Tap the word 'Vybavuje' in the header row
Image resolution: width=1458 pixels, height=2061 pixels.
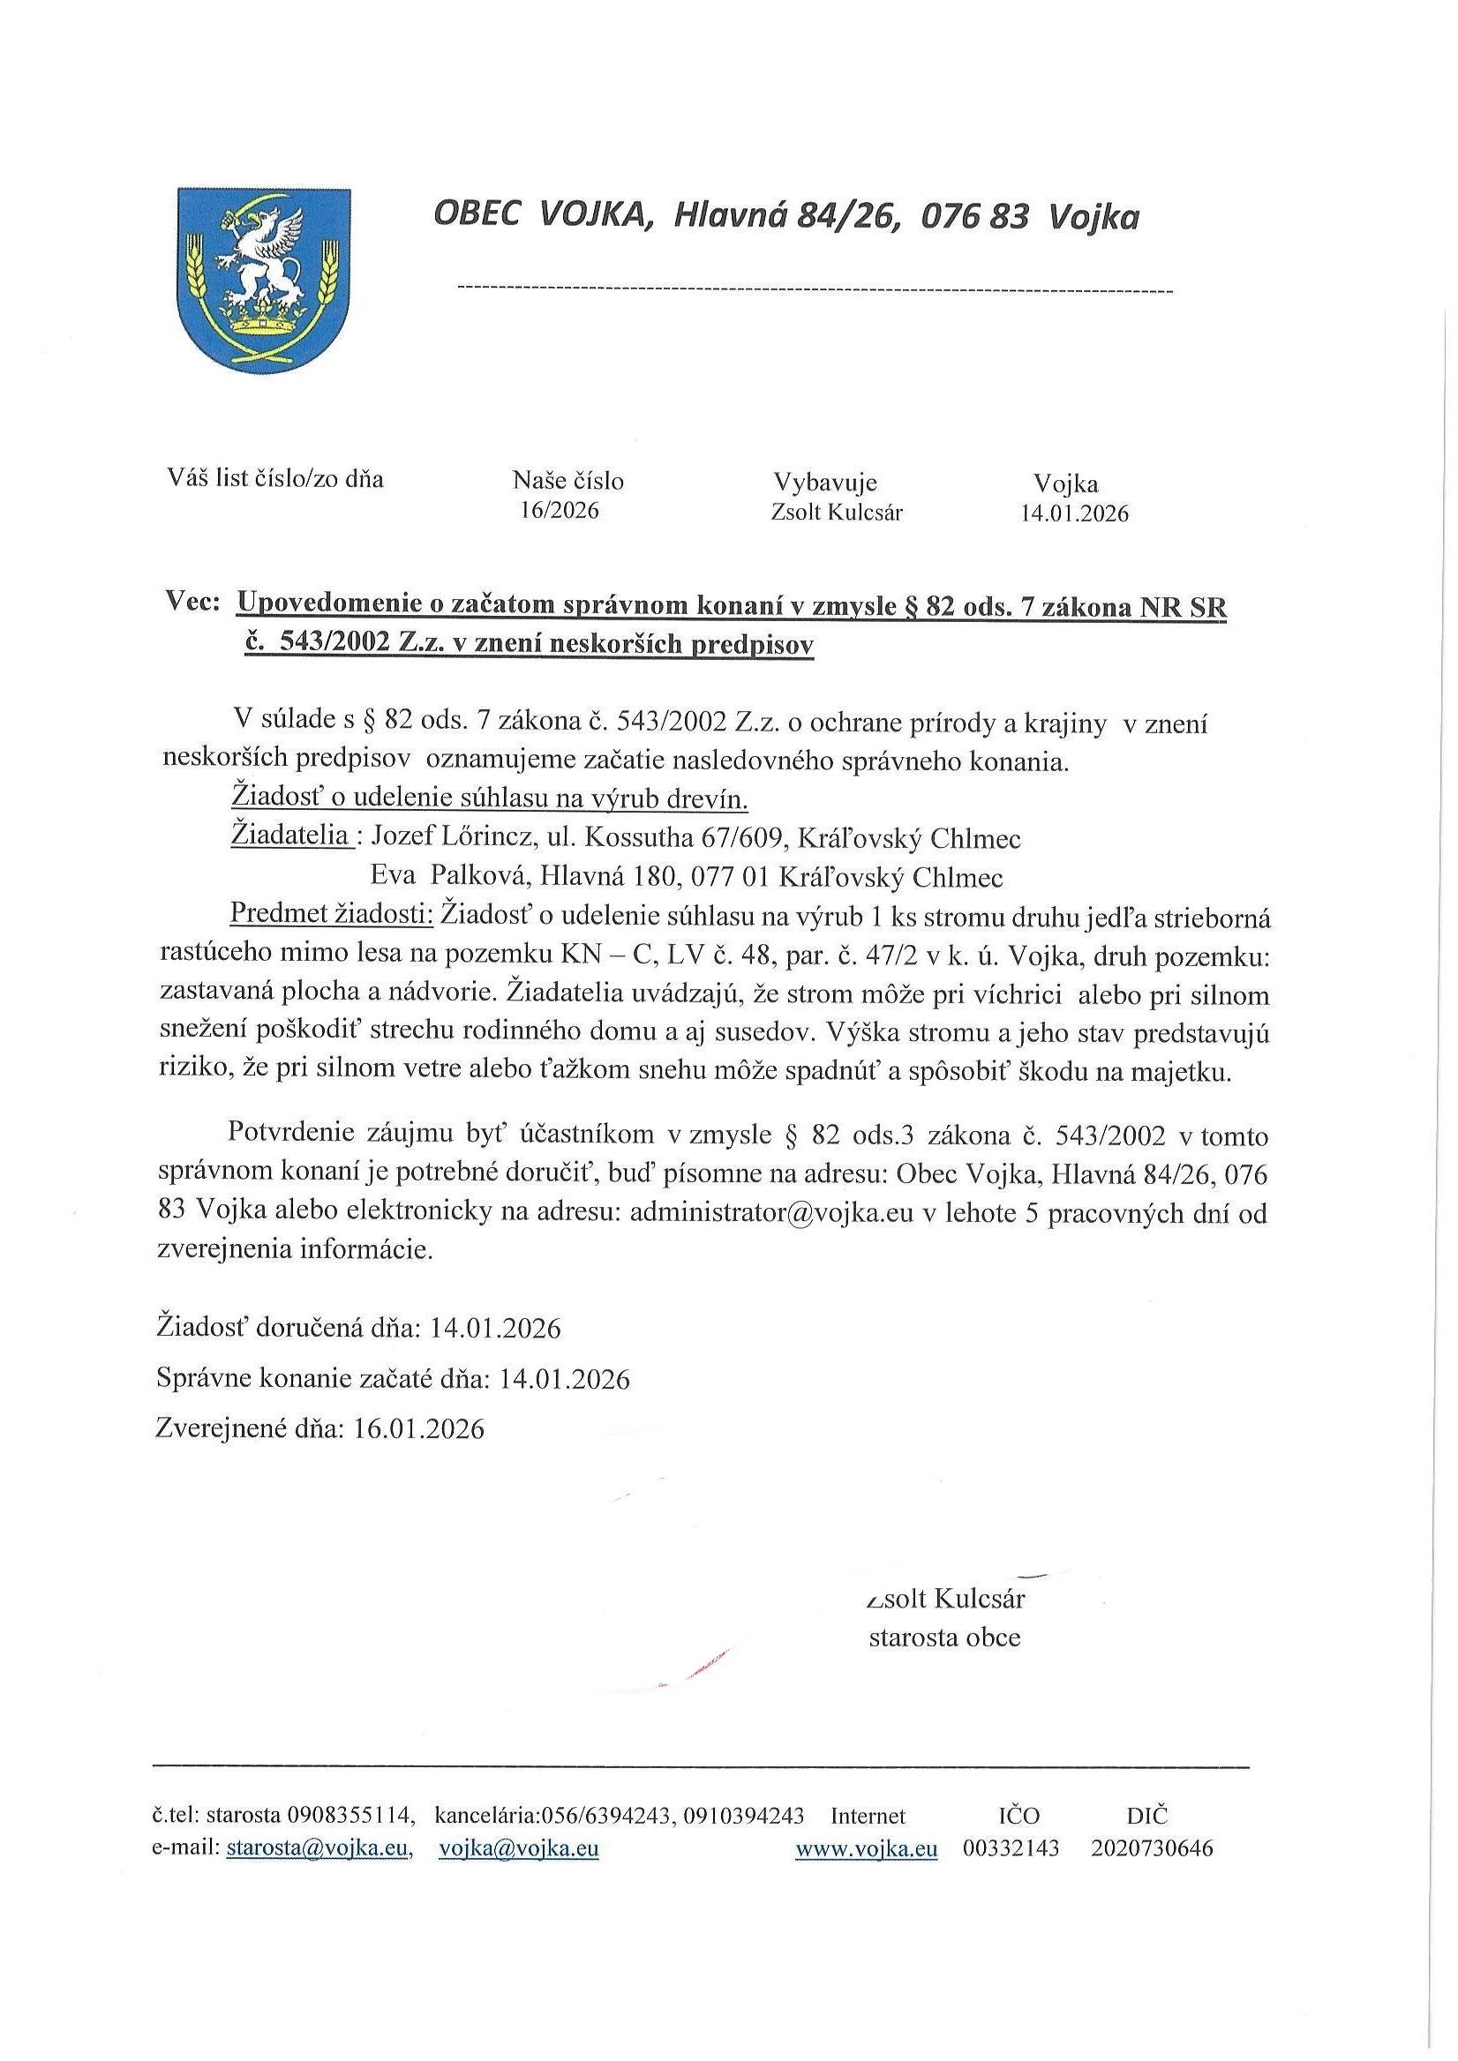pyautogui.click(x=825, y=482)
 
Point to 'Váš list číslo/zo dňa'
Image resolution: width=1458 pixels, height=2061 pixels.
pyautogui.click(x=275, y=478)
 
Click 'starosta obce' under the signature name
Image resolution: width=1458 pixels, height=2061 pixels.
pyautogui.click(x=944, y=1638)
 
